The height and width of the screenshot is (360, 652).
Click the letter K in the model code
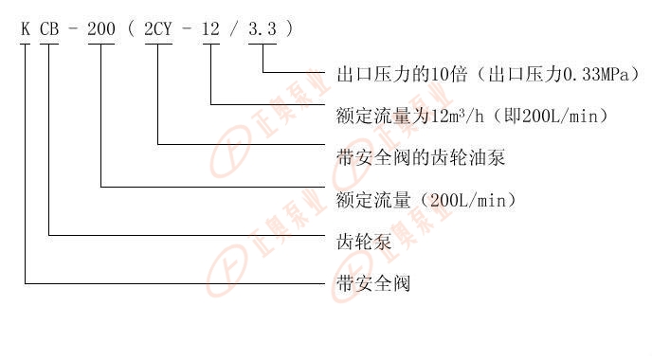[26, 29]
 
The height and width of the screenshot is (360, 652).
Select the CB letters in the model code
[49, 29]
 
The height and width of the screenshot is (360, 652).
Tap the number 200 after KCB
[101, 29]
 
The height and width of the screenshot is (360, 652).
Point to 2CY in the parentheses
[158, 29]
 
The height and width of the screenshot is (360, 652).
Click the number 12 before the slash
[210, 29]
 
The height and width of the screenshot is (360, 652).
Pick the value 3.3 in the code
[263, 29]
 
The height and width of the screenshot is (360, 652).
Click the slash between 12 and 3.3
[234, 29]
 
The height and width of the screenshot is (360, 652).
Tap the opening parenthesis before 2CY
[132, 28]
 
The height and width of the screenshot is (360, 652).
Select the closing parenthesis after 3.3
[290, 28]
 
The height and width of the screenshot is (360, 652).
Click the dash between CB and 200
[73, 29]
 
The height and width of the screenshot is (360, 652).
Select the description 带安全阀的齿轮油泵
[421, 158]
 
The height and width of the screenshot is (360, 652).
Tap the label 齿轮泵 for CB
[364, 242]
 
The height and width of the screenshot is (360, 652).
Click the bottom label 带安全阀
[373, 284]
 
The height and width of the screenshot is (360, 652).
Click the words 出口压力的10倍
[402, 74]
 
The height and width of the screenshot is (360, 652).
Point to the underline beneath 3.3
[263, 44]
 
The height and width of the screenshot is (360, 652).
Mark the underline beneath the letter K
[26, 44]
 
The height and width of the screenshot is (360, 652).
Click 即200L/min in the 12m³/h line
[551, 116]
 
